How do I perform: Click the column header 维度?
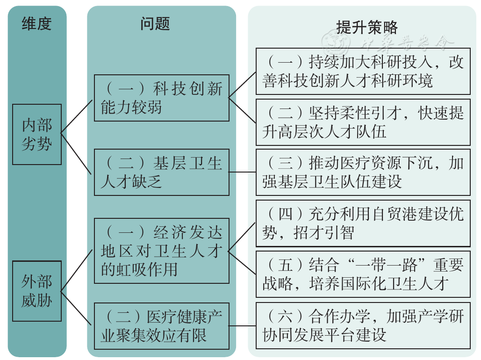tap(36, 24)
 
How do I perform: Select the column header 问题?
tap(155, 24)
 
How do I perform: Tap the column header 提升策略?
tap(367, 27)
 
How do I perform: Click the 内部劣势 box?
tap(37, 135)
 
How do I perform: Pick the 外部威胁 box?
tap(37, 291)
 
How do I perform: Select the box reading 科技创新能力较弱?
tap(162, 98)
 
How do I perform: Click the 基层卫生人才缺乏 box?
tap(162, 172)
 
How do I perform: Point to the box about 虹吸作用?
tap(162, 251)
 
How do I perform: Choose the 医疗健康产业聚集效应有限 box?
tap(162, 326)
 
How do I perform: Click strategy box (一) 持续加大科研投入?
tap(363, 71)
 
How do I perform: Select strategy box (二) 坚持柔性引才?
tap(363, 122)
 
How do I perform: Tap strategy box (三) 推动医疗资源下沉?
tap(363, 172)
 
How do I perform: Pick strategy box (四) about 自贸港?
tap(363, 223)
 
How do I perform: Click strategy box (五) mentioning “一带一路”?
tap(363, 274)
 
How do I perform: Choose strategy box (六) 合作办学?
tap(363, 325)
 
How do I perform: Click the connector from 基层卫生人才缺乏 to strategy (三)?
tap(243, 172)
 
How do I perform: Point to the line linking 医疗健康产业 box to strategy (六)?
tap(243, 326)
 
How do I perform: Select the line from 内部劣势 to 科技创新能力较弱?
tap(77, 116)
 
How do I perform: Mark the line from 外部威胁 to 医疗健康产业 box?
tap(76, 308)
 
